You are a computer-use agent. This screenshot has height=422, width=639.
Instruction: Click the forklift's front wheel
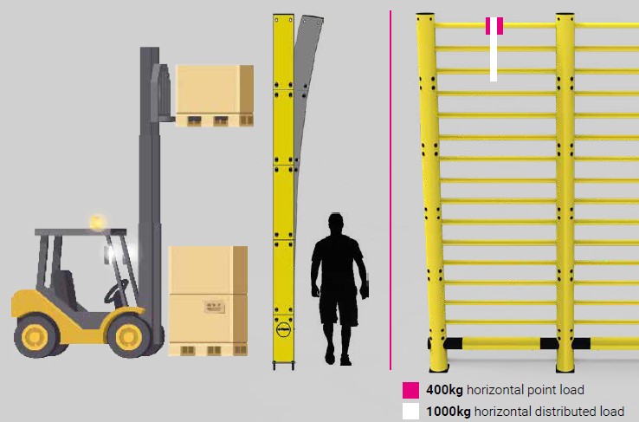(x=129, y=336)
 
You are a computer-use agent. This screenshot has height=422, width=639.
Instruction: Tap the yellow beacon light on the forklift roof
(x=98, y=222)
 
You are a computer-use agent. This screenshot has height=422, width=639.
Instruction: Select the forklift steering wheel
(x=115, y=290)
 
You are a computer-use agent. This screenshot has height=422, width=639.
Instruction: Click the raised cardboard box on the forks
(x=215, y=89)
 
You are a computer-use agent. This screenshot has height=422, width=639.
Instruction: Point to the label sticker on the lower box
(x=215, y=307)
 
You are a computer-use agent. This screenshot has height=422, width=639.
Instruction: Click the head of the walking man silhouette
(x=335, y=224)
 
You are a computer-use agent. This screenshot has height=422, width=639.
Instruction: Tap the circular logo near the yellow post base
(x=284, y=329)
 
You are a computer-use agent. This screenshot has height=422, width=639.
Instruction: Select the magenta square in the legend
(x=410, y=390)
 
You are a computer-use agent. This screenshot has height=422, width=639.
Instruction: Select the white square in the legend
(x=410, y=412)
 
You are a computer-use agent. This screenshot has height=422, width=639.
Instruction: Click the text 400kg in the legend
(x=444, y=390)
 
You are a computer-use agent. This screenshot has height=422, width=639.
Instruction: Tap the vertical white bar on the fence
(x=494, y=49)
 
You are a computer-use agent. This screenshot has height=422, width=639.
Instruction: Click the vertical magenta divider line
(x=390, y=190)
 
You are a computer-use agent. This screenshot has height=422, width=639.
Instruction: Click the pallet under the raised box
(x=215, y=120)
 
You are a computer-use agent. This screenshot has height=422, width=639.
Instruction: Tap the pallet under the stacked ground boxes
(x=209, y=350)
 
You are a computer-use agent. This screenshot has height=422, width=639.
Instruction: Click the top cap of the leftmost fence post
(x=424, y=15)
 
